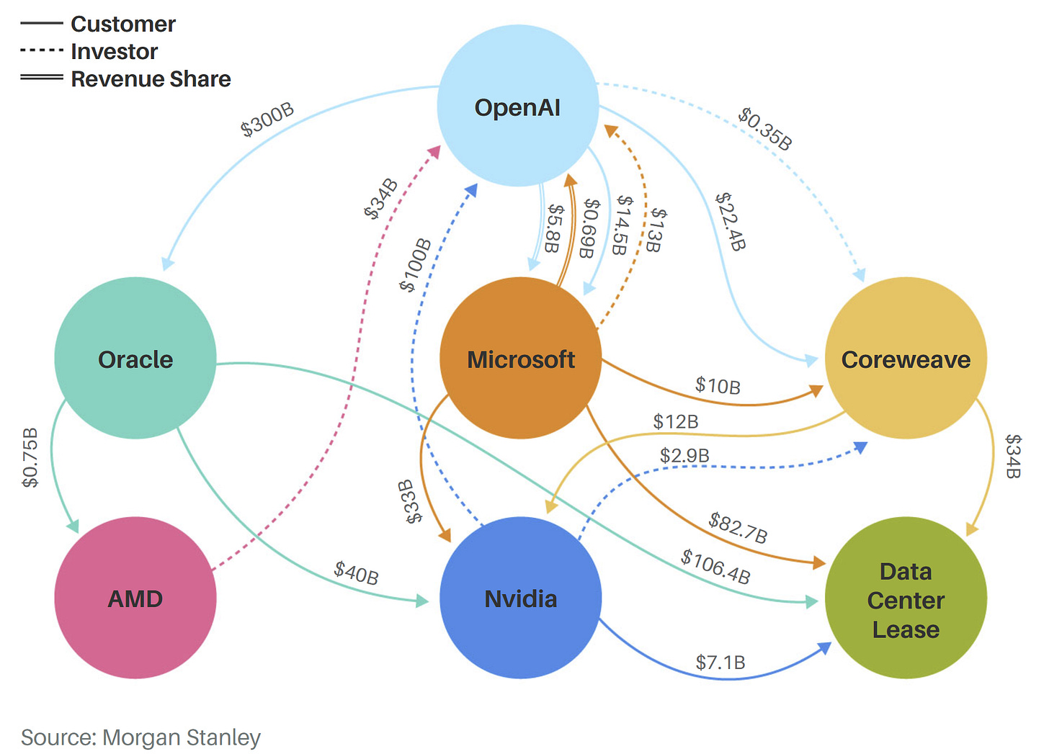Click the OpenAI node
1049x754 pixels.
click(x=517, y=107)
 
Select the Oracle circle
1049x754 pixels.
click(x=135, y=358)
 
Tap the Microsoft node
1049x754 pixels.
click(x=520, y=358)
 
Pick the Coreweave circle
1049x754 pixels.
click(x=906, y=358)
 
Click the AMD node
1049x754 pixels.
click(x=135, y=598)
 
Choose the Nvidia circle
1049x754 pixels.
click(x=520, y=598)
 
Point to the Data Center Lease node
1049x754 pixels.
click(x=906, y=599)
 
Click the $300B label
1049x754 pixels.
click(x=267, y=120)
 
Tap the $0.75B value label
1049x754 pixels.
click(x=30, y=457)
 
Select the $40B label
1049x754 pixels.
click(x=356, y=573)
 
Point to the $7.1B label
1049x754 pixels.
click(x=720, y=663)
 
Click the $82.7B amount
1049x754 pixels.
click(x=738, y=527)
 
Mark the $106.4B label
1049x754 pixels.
click(x=716, y=566)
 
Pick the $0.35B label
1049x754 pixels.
click(x=765, y=129)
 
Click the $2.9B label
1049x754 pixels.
click(x=684, y=456)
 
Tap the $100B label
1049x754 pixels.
click(x=416, y=265)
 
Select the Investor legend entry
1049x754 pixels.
click(x=114, y=52)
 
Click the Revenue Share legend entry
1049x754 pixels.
click(x=151, y=79)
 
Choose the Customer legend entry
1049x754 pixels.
click(x=123, y=24)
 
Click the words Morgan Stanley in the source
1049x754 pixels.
click(x=182, y=737)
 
